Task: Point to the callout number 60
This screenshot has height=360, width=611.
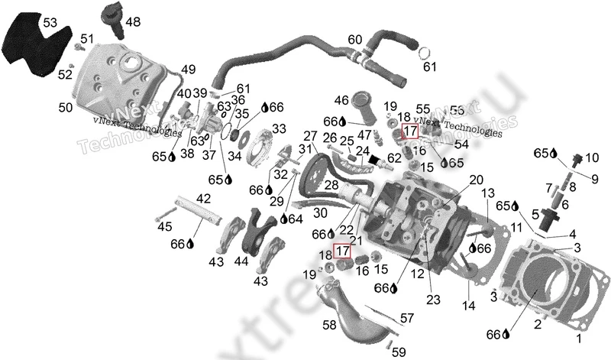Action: click(x=355, y=39)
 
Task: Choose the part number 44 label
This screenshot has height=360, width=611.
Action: click(x=241, y=261)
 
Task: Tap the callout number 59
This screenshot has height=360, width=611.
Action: click(x=399, y=352)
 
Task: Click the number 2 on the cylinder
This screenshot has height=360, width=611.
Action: click(x=537, y=325)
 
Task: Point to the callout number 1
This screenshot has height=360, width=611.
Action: click(x=577, y=337)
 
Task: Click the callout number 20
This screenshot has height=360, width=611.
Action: click(x=476, y=180)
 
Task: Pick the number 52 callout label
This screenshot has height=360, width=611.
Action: click(x=64, y=74)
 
